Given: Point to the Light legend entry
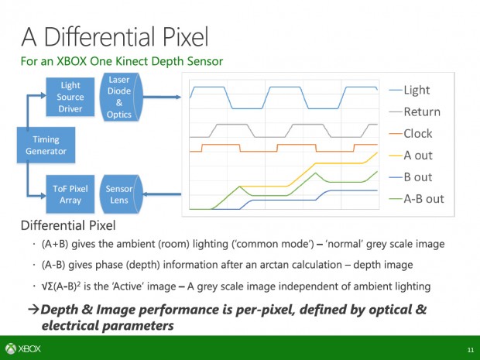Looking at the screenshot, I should tap(416, 90).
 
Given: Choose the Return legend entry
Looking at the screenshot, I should tap(421, 111).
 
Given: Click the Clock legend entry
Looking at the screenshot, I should tap(418, 133).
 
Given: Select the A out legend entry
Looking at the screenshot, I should tap(418, 155).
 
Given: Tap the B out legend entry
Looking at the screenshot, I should tap(418, 177).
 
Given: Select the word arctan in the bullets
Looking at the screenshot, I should tap(314, 265).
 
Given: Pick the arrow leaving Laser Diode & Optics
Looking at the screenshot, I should tap(159, 97).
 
